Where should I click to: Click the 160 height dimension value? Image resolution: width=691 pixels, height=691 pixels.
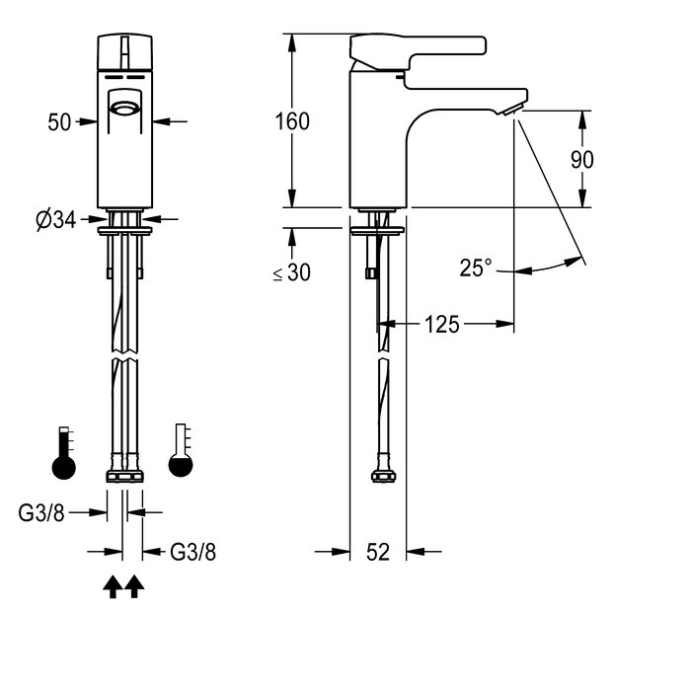(x=292, y=121)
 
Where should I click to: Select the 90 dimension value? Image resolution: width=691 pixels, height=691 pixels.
(x=581, y=159)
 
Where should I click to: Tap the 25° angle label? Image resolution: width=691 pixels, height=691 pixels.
(x=476, y=268)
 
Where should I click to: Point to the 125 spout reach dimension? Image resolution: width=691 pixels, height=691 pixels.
(x=442, y=325)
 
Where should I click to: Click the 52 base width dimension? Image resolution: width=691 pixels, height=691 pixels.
(x=378, y=552)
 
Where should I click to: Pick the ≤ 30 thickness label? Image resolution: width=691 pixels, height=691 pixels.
(x=292, y=272)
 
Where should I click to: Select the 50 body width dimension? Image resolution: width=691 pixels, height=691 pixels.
(x=59, y=122)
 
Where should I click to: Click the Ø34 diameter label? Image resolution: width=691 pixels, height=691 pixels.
(x=56, y=219)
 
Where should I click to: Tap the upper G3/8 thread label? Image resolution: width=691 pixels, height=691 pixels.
(x=41, y=512)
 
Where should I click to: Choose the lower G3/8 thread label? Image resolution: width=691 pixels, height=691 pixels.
(x=193, y=552)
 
